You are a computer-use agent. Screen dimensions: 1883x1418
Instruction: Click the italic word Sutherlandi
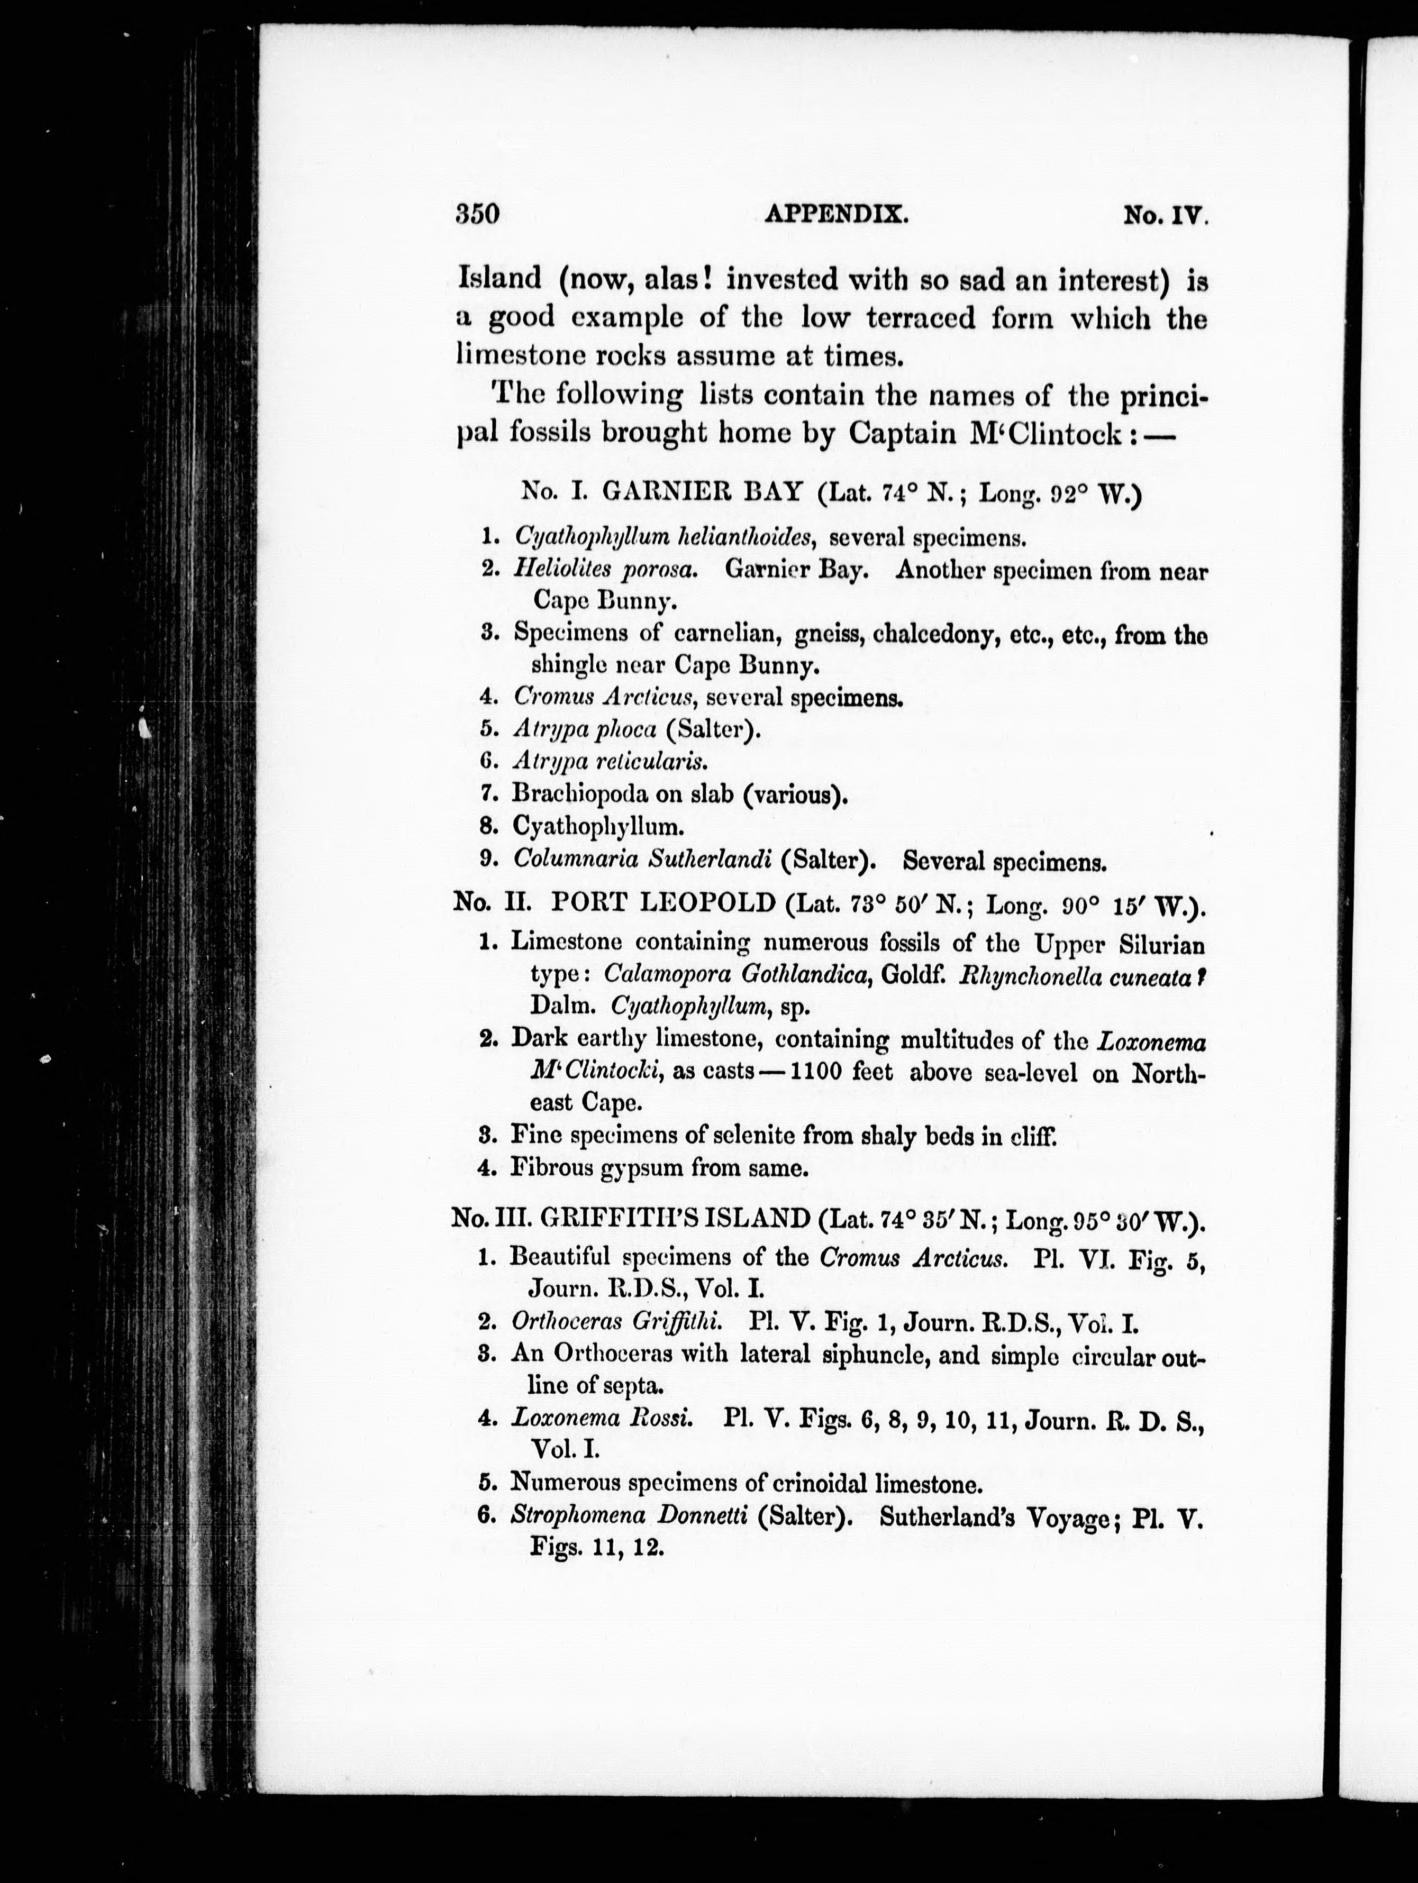tap(710, 859)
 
